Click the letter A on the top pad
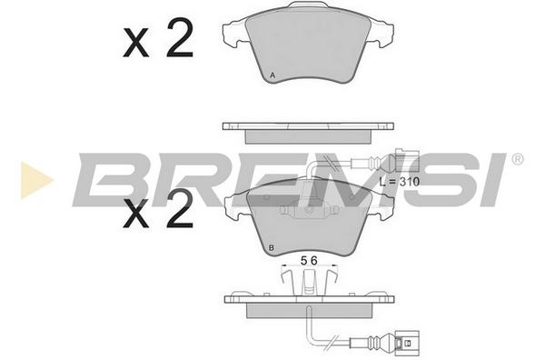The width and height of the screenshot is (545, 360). [x=272, y=75]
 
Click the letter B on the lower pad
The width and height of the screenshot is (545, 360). [x=272, y=247]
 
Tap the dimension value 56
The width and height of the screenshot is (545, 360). [x=309, y=261]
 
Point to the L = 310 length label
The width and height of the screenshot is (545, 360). [x=400, y=182]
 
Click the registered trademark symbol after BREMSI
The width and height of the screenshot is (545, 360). [x=517, y=159]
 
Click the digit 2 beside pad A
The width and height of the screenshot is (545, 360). [x=180, y=38]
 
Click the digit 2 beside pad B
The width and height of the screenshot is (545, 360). [x=180, y=210]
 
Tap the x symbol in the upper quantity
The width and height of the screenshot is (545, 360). [x=136, y=44]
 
